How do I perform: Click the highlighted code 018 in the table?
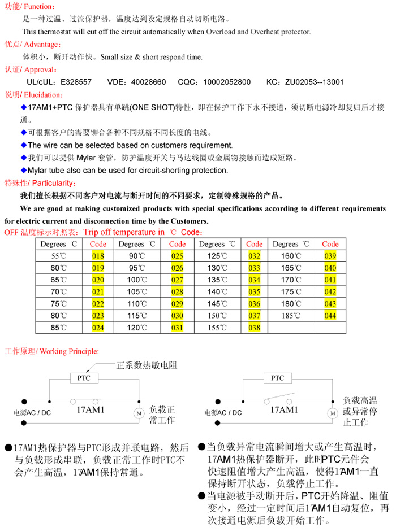click(98, 256)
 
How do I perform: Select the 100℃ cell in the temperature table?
click(136, 280)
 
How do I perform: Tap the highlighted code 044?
click(330, 315)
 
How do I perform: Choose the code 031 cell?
click(177, 327)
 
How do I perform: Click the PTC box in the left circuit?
click(84, 378)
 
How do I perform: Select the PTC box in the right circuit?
click(278, 378)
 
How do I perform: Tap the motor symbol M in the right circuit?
click(332, 413)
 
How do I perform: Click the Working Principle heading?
click(51, 351)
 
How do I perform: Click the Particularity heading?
click(40, 183)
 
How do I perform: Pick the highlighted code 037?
click(255, 315)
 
